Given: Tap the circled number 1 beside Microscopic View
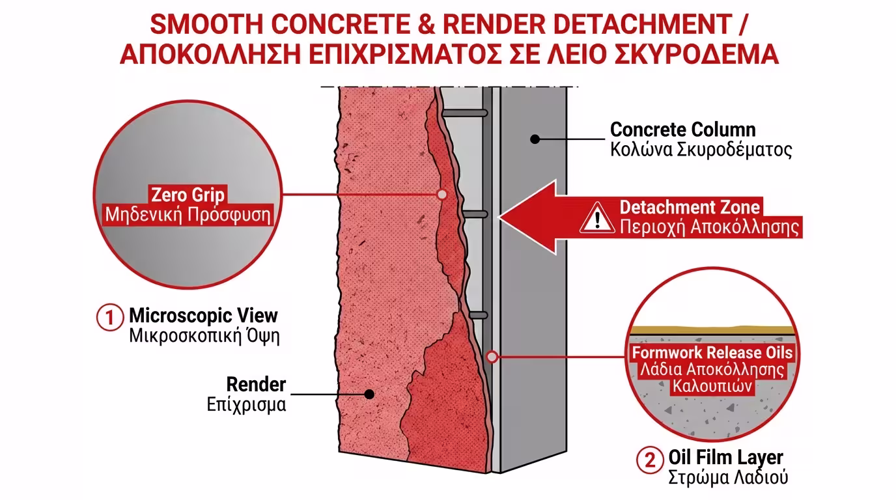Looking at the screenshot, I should pos(109,318).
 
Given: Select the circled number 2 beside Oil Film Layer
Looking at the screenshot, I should pos(649,460).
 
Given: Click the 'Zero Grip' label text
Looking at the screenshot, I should pos(188,195).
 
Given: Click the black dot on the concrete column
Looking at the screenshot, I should pos(535,139).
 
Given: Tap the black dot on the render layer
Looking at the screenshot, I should pos(369,394).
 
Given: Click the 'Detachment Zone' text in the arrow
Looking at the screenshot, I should pos(690,207).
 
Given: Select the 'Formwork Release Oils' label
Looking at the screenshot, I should pos(713,353).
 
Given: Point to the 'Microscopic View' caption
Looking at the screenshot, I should pos(204,316).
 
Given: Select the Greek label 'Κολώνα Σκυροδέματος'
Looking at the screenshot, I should pos(701,150).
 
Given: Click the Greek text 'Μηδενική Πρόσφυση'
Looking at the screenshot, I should pos(188,215).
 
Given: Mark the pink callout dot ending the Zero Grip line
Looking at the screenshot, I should pos(442,194).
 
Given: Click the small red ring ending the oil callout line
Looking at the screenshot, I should pos(492,356).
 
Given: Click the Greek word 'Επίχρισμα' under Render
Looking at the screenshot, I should pos(246,404).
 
